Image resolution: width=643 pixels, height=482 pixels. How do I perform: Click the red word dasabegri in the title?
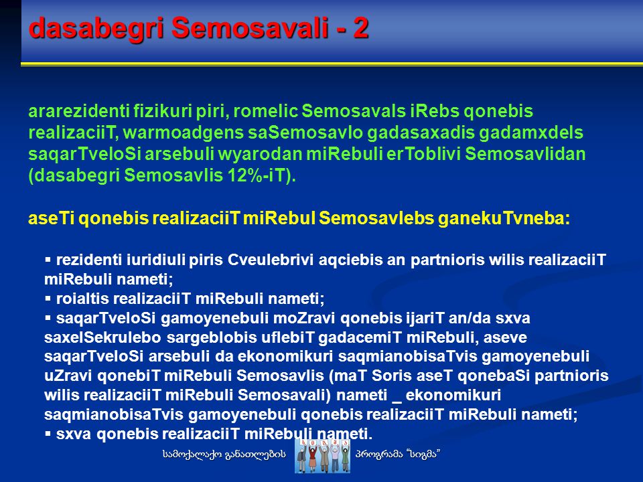click(x=96, y=28)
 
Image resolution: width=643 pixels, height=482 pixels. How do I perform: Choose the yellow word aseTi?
click(x=51, y=218)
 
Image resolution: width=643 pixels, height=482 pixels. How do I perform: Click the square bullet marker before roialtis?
click(x=48, y=298)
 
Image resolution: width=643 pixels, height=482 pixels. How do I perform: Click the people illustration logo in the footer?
click(x=322, y=456)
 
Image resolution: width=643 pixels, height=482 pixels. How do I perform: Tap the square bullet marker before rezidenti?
click(x=48, y=260)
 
